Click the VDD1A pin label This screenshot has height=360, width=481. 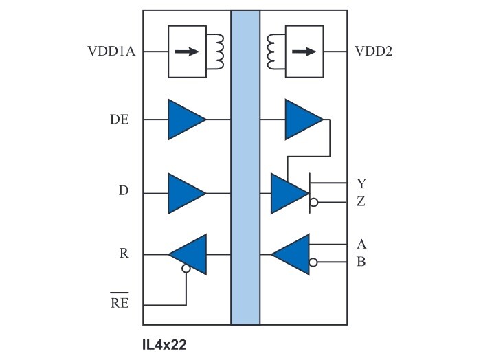[x=111, y=52]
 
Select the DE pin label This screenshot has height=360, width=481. [x=120, y=120]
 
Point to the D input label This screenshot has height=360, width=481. [x=124, y=190]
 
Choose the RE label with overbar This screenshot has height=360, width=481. [x=120, y=303]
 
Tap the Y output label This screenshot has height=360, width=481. [x=361, y=183]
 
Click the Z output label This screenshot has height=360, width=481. [x=361, y=202]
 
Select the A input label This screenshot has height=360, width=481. [x=361, y=244]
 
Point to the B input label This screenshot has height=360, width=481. [x=361, y=262]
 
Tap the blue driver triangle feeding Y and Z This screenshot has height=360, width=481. [x=289, y=193]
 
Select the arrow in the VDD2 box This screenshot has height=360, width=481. [x=303, y=52]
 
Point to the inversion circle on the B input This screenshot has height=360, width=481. [x=314, y=262]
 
